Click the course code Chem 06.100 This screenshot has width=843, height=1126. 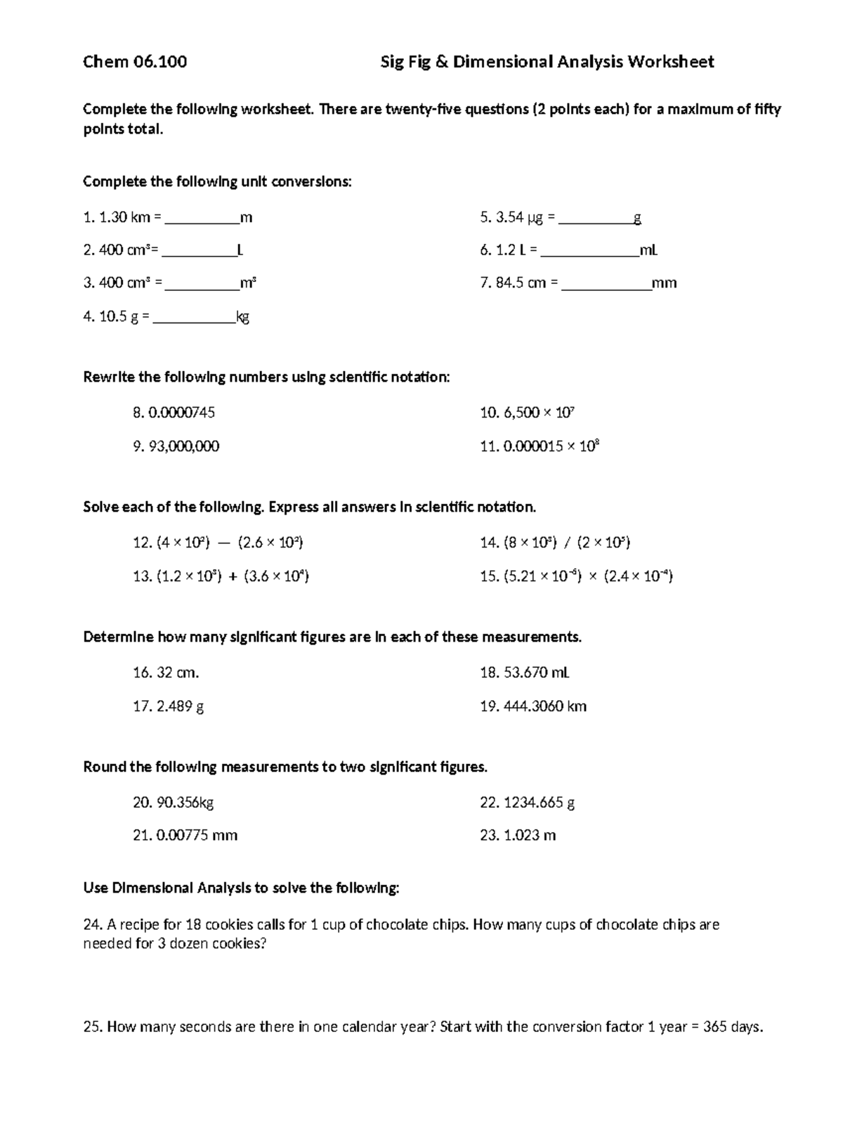[x=135, y=62]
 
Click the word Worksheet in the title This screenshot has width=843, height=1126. [x=670, y=62]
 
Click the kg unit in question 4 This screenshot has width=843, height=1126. [x=242, y=317]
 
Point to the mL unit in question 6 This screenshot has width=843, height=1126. [x=648, y=250]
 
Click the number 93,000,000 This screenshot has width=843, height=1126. [x=184, y=446]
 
